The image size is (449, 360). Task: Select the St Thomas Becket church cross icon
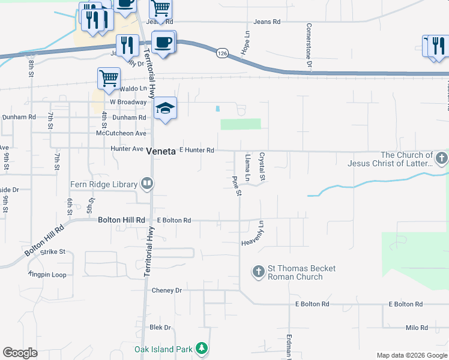pos(259,272)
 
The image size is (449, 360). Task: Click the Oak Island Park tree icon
pos(202,349)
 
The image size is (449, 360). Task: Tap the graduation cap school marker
pos(166,109)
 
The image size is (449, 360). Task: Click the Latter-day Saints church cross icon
pos(441,159)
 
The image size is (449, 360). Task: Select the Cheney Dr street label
pos(166,290)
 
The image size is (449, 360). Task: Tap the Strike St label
pos(53,252)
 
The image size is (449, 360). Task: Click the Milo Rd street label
pos(415,328)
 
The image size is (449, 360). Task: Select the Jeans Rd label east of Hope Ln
pos(267,22)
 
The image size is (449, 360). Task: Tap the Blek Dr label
pos(160,328)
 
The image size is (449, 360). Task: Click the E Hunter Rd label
pos(197,150)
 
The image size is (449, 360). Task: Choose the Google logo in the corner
pos(20,353)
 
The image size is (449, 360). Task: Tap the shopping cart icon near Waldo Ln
pos(109,77)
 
